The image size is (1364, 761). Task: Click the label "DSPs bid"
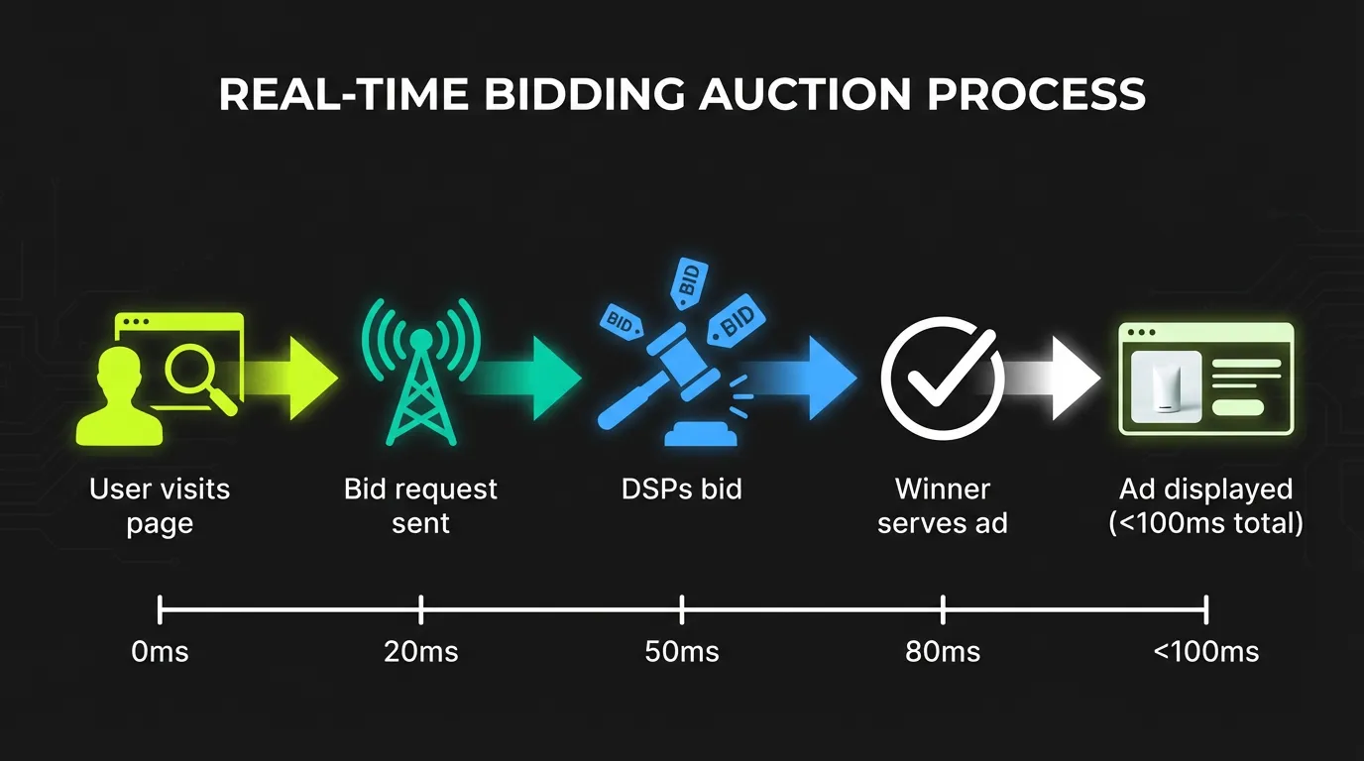pyautogui.click(x=681, y=489)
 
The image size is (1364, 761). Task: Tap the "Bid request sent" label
pyautogui.click(x=420, y=505)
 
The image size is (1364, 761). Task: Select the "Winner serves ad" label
pyautogui.click(x=942, y=505)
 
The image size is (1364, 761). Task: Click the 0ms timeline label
pyautogui.click(x=160, y=652)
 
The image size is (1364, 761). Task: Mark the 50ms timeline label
pyautogui.click(x=682, y=652)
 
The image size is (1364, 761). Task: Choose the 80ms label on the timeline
pyautogui.click(x=943, y=652)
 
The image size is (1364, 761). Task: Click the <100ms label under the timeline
pyautogui.click(x=1205, y=652)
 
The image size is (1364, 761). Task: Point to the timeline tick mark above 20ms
pyautogui.click(x=421, y=608)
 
